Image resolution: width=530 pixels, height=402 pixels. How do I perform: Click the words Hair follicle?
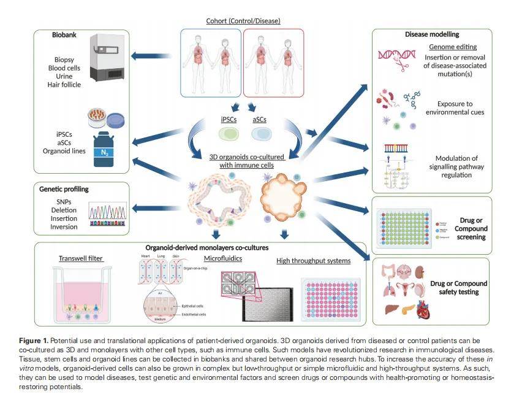coord(64,85)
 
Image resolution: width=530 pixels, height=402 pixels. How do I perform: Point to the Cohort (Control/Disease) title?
coord(243,21)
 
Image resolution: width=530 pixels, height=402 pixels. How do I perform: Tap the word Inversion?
coord(64,227)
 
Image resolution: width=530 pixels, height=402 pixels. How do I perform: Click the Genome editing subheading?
coord(453,47)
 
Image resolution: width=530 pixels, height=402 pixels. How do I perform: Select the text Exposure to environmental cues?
coord(453,108)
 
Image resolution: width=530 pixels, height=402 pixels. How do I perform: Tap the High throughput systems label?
coord(313,261)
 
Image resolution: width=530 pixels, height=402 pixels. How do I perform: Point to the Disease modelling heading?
coord(432,34)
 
